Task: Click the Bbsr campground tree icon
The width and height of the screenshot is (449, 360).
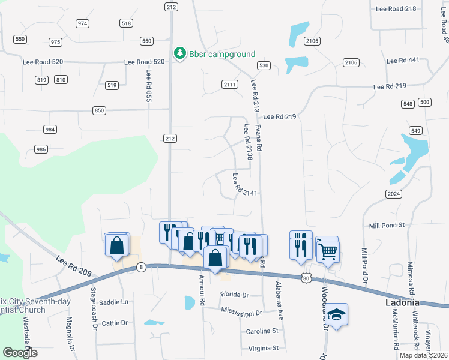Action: pos(179,53)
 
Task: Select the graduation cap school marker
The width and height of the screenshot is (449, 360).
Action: pos(337,314)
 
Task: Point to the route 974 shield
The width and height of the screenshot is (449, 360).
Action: pos(83,23)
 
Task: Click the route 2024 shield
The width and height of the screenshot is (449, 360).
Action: pos(394,194)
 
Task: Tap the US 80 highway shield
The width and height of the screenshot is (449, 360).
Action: pos(306,278)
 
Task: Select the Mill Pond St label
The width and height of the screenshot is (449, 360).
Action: pos(387,224)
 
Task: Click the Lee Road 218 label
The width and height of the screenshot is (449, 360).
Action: pos(395,8)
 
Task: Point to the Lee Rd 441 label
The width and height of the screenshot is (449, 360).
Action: pos(403,61)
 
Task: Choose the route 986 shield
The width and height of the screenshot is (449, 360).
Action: pos(41,149)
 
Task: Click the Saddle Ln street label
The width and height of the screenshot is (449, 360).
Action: pos(113,302)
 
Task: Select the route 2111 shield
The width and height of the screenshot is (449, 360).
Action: pos(229,84)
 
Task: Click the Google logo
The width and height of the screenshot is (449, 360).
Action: pos(20,352)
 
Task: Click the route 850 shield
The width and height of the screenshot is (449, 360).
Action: pos(100,110)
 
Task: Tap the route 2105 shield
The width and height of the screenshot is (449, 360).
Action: pos(312,41)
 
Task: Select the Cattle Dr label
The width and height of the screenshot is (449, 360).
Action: pos(115,323)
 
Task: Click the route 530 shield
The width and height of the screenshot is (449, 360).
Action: pos(263,65)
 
